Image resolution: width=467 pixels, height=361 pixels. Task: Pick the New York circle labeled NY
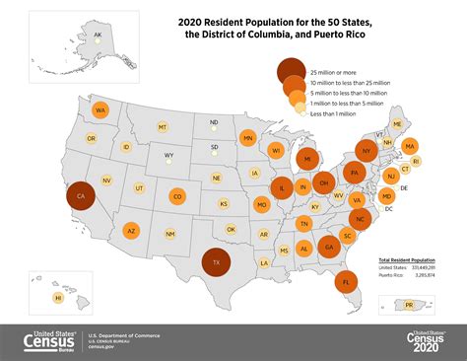pyautogui.click(x=366, y=151)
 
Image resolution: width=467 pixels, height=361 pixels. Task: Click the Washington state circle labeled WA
pyautogui.click(x=100, y=110)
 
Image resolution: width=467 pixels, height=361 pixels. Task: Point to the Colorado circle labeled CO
pyautogui.click(x=177, y=196)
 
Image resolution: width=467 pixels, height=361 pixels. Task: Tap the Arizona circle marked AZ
pyautogui.click(x=131, y=231)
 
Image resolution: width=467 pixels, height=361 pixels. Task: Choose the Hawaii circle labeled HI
pyautogui.click(x=58, y=297)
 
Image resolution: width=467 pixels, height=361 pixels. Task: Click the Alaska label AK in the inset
pyautogui.click(x=97, y=36)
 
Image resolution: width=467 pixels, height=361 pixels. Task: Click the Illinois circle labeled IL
pyautogui.click(x=282, y=188)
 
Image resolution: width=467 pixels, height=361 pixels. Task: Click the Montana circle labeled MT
pyautogui.click(x=163, y=127)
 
